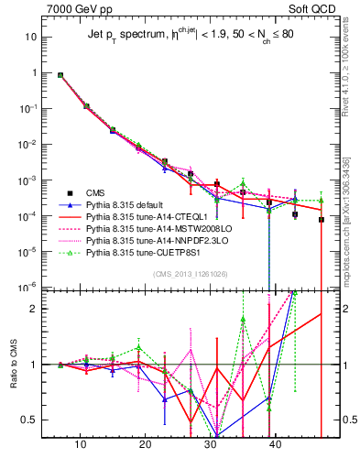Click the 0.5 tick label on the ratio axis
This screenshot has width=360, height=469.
click(x=36, y=420)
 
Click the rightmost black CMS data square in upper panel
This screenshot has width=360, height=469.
click(x=322, y=220)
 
